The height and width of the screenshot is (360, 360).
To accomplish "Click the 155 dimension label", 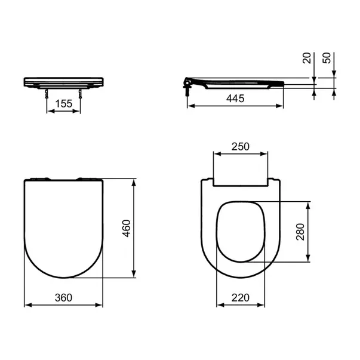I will click(x=63, y=103).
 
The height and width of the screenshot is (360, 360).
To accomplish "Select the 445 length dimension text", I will click(x=235, y=99).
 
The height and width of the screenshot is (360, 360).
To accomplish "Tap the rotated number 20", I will click(x=307, y=58).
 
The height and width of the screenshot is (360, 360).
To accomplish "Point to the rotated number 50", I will click(x=327, y=58).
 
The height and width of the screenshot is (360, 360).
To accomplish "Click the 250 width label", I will click(x=240, y=147).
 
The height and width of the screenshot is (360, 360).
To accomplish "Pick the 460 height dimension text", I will click(x=126, y=228).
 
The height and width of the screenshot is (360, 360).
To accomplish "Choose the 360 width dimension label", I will click(x=63, y=298).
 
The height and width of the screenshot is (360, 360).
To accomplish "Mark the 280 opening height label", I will click(x=301, y=232).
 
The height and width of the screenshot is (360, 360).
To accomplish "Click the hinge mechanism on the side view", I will click(x=190, y=84).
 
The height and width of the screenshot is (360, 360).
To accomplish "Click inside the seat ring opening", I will click(x=240, y=232).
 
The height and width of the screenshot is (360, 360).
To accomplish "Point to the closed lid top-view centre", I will click(x=64, y=227).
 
